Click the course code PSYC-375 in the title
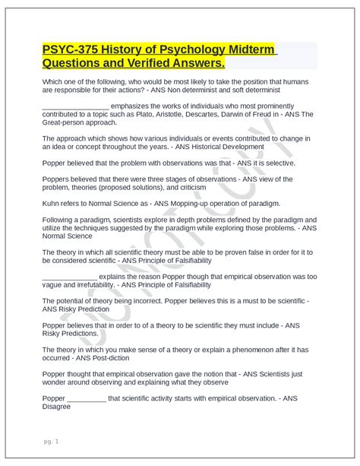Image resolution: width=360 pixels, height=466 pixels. point(71,50)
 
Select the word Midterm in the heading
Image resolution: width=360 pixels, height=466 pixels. point(248,50)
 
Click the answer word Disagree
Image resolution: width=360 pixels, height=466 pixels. point(57,406)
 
